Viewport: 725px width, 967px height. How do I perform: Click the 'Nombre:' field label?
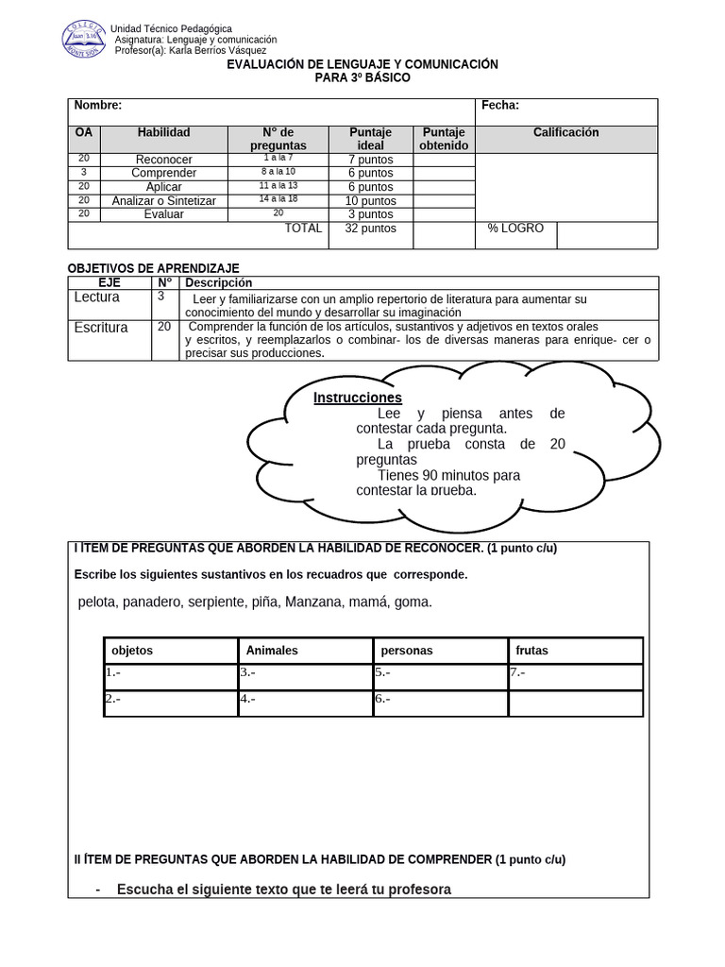(98, 106)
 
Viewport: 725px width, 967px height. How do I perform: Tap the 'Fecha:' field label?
(500, 106)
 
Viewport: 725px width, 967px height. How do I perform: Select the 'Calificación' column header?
(565, 133)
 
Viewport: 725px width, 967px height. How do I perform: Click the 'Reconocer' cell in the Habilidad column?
(163, 160)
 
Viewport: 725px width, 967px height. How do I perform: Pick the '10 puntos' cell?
(370, 201)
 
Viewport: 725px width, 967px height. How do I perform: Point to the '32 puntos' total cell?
(370, 229)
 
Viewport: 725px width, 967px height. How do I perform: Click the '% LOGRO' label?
(515, 229)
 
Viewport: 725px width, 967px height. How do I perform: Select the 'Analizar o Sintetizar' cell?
(163, 201)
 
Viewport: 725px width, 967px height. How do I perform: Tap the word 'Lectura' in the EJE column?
(96, 297)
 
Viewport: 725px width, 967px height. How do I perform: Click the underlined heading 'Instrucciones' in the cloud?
(358, 398)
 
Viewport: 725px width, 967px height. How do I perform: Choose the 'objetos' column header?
(132, 651)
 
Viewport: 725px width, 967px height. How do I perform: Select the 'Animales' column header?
(272, 651)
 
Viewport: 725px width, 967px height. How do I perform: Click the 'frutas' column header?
(531, 651)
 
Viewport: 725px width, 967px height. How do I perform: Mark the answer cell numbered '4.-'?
(305, 702)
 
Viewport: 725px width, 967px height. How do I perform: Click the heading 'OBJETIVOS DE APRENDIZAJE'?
(156, 269)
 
